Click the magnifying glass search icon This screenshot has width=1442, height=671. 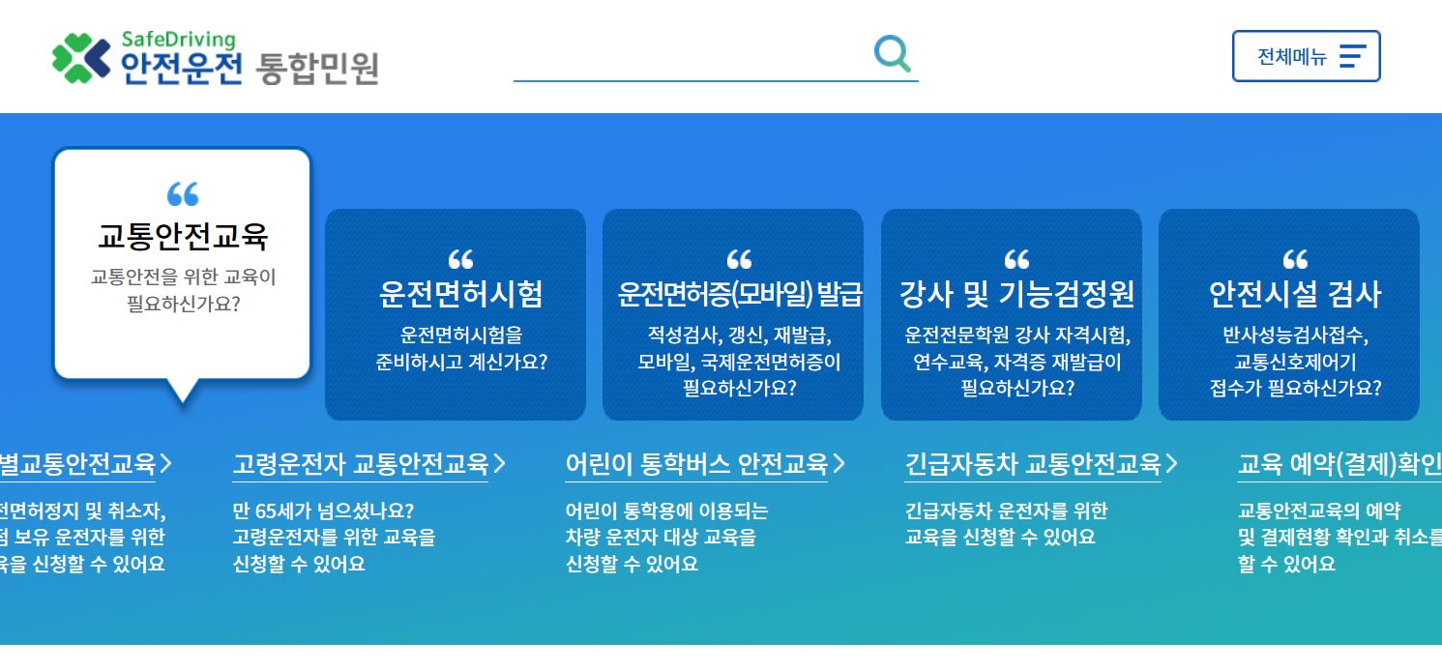(x=892, y=53)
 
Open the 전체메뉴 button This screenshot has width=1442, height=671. (x=1306, y=56)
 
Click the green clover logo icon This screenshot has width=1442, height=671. (x=81, y=57)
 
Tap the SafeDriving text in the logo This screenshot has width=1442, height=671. (x=178, y=40)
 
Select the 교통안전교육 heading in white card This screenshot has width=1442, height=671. (x=183, y=236)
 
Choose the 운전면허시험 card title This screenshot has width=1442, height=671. (x=460, y=294)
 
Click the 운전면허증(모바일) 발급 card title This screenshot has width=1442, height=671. (x=740, y=294)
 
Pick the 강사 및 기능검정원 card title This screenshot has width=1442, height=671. (x=1016, y=294)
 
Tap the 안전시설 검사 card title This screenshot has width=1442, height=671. (x=1295, y=294)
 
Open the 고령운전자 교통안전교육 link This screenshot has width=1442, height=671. (x=360, y=465)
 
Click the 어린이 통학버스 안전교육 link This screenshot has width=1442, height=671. (x=696, y=465)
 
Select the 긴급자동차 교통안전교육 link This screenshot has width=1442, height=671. (x=1032, y=465)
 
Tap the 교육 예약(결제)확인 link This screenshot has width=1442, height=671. (x=1339, y=465)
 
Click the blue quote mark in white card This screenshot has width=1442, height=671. (x=183, y=193)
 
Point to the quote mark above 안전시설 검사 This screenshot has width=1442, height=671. (x=1295, y=259)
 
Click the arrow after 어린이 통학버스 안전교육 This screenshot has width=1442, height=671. (x=839, y=465)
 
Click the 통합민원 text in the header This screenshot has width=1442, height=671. (x=317, y=68)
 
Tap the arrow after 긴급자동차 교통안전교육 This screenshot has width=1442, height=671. (x=1172, y=465)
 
